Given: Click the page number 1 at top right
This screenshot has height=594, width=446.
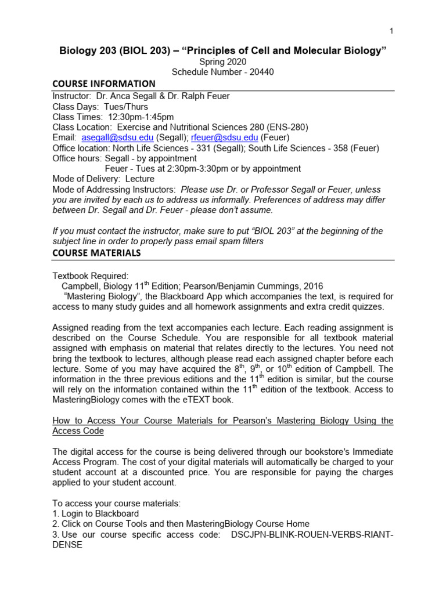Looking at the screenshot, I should click(x=391, y=30).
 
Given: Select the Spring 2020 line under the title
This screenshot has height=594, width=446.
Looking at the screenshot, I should click(x=223, y=61).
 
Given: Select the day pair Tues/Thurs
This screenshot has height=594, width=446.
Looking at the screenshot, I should click(x=126, y=106).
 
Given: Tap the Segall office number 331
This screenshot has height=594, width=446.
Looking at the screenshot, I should click(x=202, y=148).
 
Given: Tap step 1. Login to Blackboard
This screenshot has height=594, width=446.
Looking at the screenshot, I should click(x=96, y=513).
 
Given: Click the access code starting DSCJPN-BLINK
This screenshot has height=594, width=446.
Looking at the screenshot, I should click(x=312, y=534).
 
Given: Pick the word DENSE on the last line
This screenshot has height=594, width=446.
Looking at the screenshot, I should click(x=67, y=545).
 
